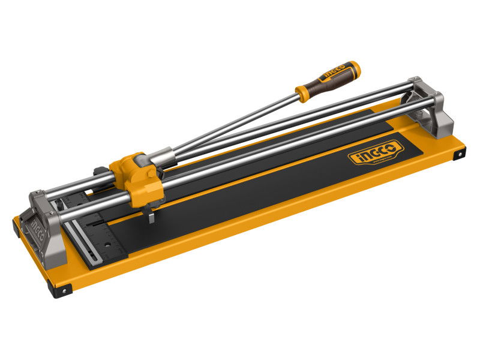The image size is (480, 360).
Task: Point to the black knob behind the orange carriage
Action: click(x=100, y=172)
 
